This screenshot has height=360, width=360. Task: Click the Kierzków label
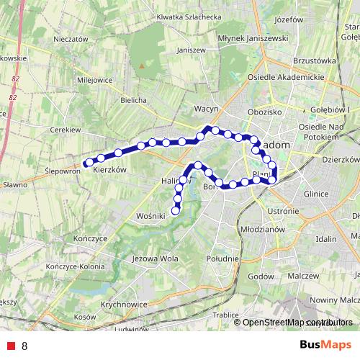[110, 169]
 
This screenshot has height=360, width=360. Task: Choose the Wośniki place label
[151, 215]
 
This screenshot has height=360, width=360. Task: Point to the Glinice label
[317, 194]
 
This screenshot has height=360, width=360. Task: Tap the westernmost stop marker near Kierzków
[87, 162]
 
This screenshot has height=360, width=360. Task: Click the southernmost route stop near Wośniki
[175, 210]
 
